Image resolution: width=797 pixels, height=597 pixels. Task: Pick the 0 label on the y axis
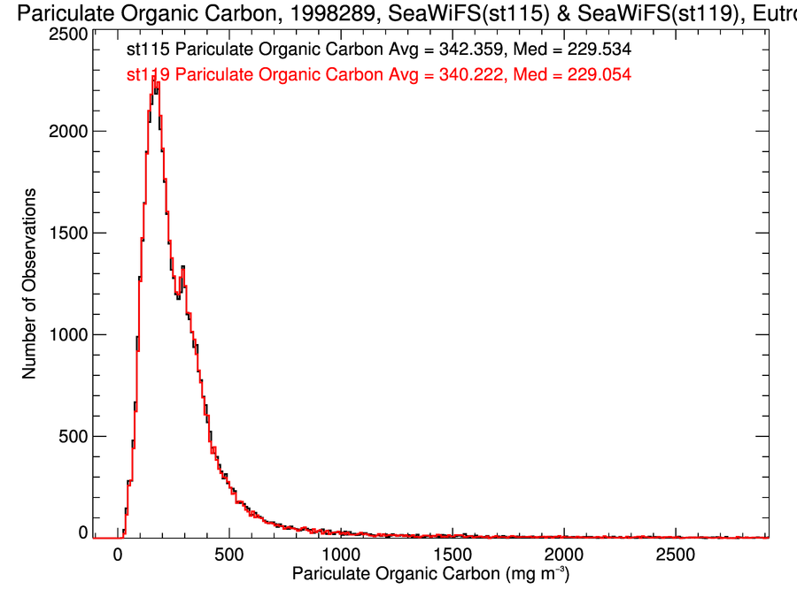[x=82, y=532]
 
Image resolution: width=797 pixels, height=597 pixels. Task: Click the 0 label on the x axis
[x=118, y=555]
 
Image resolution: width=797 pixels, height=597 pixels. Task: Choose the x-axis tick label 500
[x=229, y=555]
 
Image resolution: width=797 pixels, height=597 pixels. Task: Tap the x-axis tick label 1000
[x=341, y=555]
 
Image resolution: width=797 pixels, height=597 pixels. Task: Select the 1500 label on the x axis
[x=453, y=555]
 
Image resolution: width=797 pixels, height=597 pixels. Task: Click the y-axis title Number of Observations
[x=29, y=283]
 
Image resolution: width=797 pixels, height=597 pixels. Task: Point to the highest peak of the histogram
[x=155, y=78]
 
